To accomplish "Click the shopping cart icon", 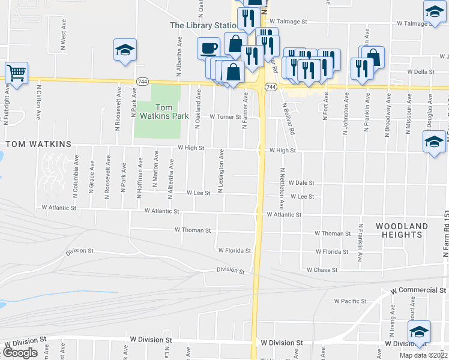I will click(x=16, y=73).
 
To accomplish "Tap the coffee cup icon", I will click(x=209, y=47).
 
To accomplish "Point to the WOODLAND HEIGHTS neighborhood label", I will click(x=402, y=230).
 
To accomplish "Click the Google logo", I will click(x=20, y=353).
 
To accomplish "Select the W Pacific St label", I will click(x=351, y=301).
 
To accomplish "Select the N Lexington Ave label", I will click(x=221, y=171).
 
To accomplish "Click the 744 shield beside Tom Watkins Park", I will click(x=142, y=81).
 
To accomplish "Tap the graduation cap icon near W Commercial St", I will click(x=418, y=331).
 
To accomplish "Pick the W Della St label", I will click(x=420, y=71).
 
